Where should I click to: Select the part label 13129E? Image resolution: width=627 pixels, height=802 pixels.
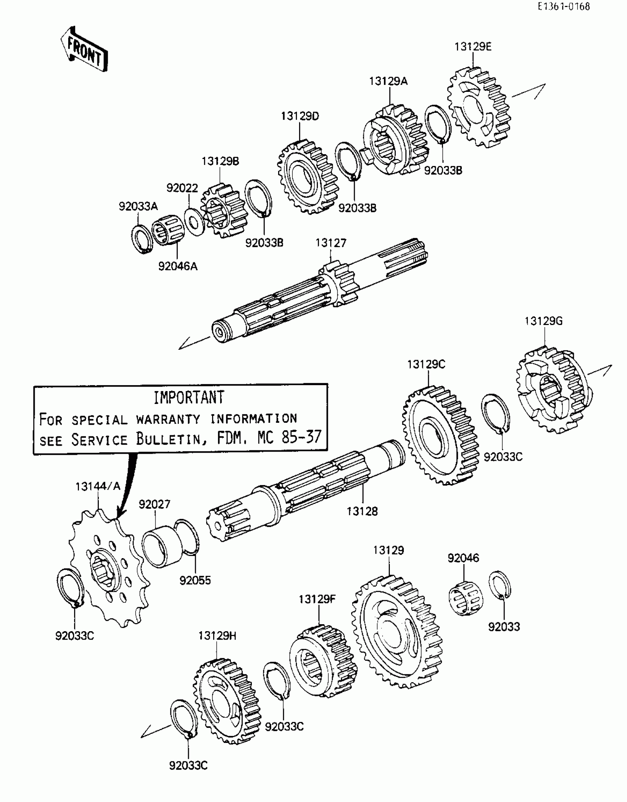tap(473, 47)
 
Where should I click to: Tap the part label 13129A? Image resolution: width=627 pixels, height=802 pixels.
tap(388, 81)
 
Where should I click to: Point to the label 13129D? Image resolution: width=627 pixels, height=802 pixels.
tap(300, 116)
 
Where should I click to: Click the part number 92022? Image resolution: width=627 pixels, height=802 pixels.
tap(182, 188)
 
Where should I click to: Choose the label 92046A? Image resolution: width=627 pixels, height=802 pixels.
tap(178, 266)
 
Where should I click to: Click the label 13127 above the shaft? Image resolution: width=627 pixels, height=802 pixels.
tap(331, 243)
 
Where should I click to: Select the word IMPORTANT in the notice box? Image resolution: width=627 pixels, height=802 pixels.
tap(188, 397)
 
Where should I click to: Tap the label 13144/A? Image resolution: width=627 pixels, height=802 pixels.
tap(98, 487)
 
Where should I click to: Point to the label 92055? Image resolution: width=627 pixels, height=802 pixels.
tap(195, 580)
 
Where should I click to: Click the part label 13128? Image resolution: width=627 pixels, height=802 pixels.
tap(362, 511)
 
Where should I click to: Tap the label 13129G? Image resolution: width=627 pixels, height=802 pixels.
tap(544, 321)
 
